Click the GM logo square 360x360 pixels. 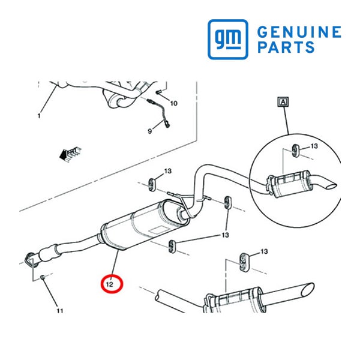coord(228,39)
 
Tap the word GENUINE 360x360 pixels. coord(299,32)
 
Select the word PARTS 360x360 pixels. coord(286,47)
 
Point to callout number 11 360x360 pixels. coord(60,311)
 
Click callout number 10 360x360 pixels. coord(174,104)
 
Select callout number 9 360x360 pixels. coord(149,131)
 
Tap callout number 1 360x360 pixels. coord(39,116)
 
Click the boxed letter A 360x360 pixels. coord(283,102)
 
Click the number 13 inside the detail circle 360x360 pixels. coord(314,146)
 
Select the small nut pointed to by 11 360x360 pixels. coord(42,277)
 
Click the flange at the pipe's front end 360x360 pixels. coord(31,260)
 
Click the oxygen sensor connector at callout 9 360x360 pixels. coord(168,124)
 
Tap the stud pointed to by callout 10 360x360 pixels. coord(159,92)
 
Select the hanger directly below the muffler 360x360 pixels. coord(172,246)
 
